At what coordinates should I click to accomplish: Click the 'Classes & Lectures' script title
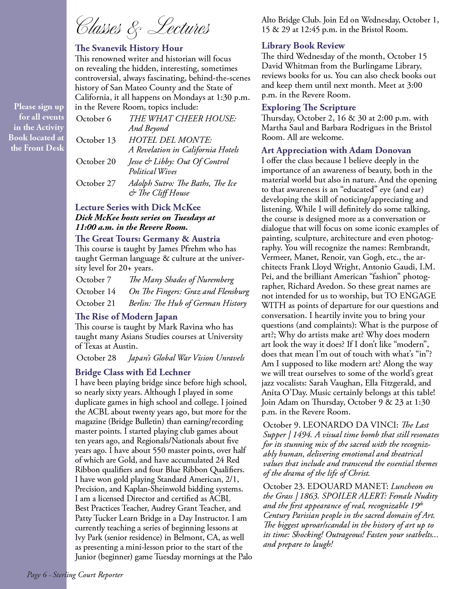tap(143, 27)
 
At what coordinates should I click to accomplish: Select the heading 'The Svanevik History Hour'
tap(129, 48)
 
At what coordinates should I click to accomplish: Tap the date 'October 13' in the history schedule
tap(96, 140)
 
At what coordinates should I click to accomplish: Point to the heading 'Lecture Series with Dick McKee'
tap(138, 207)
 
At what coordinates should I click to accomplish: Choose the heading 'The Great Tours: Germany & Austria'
tap(147, 239)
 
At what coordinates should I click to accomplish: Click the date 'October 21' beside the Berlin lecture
tap(96, 303)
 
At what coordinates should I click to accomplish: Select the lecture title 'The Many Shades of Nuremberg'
tap(181, 280)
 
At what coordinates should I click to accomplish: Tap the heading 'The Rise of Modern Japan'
tap(126, 317)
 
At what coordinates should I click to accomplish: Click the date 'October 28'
tap(96, 358)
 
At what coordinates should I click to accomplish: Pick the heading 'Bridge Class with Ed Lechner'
tap(133, 372)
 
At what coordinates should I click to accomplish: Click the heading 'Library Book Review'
tap(303, 46)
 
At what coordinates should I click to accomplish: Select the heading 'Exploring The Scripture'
tap(308, 107)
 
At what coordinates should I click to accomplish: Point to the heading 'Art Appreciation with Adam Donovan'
tap(336, 150)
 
